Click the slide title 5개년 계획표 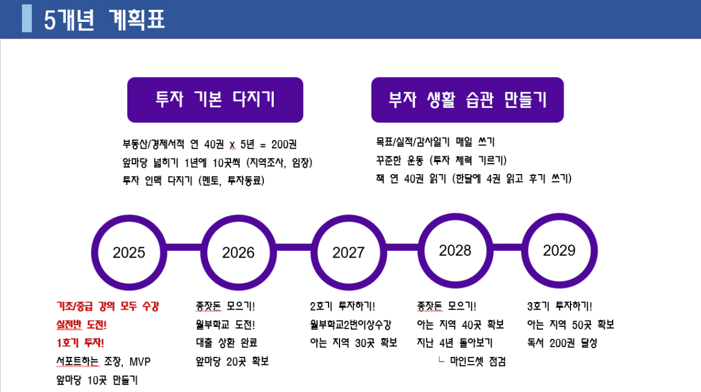point(104,20)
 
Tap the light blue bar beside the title point(27,18)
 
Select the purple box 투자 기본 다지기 point(215,100)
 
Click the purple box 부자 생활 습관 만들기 point(468,100)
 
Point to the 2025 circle point(95,252)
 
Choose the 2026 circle point(204,252)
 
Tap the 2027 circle point(314,252)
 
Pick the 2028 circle point(421,251)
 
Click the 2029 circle point(525,251)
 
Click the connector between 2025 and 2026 point(184,247)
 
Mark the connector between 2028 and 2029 point(508,247)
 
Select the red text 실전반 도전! point(81,325)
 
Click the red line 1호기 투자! point(80,343)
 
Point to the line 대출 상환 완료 point(226,342)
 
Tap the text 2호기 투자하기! point(342,306)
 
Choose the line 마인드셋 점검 point(478,361)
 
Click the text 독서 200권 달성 point(562,343)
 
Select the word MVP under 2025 point(140,361)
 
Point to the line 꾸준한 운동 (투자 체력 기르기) point(441,161)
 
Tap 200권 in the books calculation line point(284,144)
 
